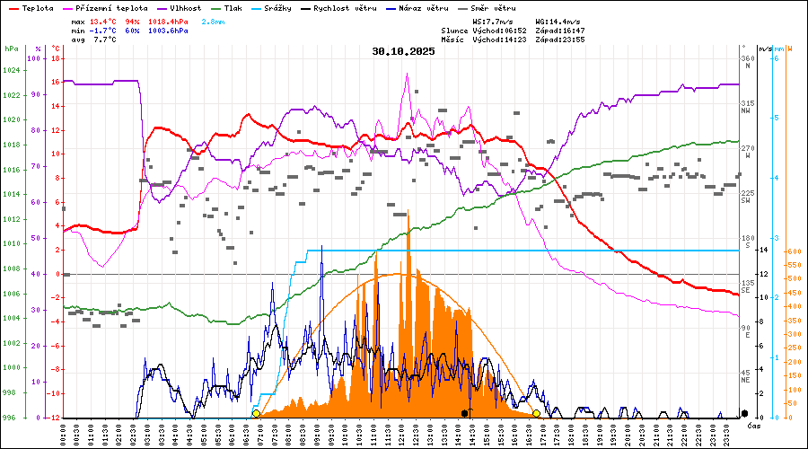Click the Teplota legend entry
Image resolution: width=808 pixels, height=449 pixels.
(x=35, y=7)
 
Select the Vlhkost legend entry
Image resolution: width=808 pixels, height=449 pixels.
(x=185, y=7)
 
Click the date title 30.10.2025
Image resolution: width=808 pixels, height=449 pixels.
(x=403, y=51)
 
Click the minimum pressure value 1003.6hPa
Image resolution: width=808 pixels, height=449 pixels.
(x=168, y=30)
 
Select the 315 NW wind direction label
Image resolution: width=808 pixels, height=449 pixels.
(x=745, y=107)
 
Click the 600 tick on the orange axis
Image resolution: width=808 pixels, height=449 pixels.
(x=794, y=251)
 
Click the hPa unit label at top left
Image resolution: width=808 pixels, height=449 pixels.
(x=11, y=48)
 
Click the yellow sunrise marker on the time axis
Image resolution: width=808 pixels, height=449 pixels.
(x=257, y=413)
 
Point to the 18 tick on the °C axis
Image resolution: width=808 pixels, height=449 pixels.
(x=56, y=58)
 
